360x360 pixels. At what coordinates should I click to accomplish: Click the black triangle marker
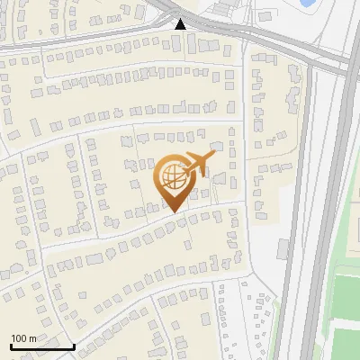tap(181, 24)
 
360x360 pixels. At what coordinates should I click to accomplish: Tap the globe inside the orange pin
tap(174, 179)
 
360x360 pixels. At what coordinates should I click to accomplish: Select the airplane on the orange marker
tap(198, 165)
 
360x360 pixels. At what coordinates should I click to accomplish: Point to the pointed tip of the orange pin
tap(174, 212)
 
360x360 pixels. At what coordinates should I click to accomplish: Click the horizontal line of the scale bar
tap(41, 346)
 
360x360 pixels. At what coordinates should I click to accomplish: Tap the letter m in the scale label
tap(32, 338)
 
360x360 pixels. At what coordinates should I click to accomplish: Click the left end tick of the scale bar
tap(10, 344)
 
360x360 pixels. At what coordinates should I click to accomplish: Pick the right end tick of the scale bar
tap(74, 344)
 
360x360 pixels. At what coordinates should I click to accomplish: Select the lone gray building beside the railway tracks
tap(282, 247)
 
